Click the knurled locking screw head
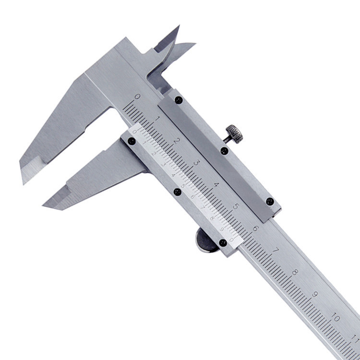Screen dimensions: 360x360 click(235, 133)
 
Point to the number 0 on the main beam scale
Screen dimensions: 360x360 click(137, 96)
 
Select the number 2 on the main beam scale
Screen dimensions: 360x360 click(177, 141)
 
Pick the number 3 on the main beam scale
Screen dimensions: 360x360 click(196, 162)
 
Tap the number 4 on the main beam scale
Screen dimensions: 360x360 click(216, 185)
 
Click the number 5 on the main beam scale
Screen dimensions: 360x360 click(236, 206)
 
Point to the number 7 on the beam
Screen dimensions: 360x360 click(275, 251)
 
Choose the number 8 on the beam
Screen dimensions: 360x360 click(295, 273)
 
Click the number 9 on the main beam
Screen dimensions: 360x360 click(315, 295)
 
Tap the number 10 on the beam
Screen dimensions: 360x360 click(336, 318)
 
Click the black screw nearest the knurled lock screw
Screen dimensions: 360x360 click(224, 151)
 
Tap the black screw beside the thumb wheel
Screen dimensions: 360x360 click(223, 243)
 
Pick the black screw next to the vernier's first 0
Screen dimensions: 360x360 click(131, 141)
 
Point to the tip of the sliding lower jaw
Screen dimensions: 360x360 click(46, 205)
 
